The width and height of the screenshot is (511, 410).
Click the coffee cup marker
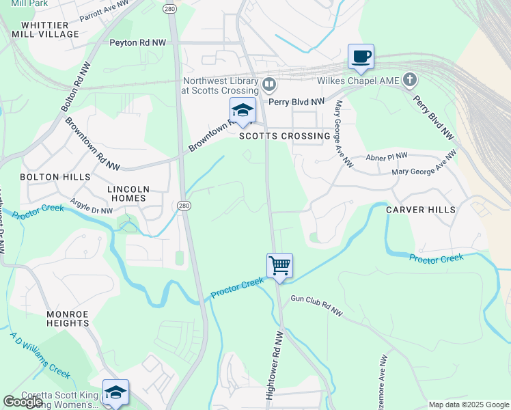(360, 57)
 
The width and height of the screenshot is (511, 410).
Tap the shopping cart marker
(279, 265)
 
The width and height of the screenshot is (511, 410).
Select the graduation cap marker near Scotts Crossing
(242, 111)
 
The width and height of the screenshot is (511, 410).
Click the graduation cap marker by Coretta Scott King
(115, 392)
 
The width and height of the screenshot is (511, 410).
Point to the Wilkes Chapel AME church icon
(409, 81)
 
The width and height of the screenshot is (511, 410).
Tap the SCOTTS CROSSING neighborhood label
(285, 136)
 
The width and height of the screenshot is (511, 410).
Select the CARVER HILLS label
(419, 210)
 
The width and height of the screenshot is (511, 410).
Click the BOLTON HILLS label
(55, 176)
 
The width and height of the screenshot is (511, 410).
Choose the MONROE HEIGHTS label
(68, 319)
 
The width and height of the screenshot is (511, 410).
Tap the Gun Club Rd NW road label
(316, 305)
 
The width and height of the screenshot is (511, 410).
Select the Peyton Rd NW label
(137, 42)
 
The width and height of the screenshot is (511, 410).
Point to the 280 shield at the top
(170, 9)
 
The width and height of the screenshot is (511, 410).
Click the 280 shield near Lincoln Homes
(183, 205)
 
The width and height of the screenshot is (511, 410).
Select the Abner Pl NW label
(387, 156)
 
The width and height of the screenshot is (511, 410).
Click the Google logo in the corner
(23, 402)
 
